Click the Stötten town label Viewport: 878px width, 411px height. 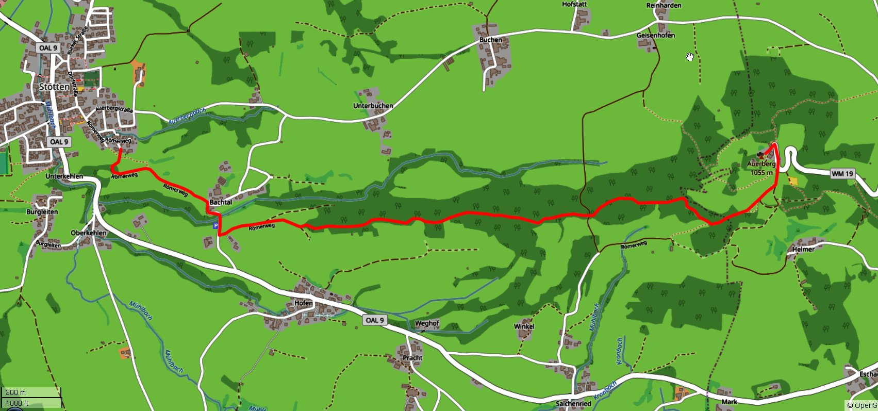click(x=54, y=87)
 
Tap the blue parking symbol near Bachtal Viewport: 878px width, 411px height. click(x=216, y=226)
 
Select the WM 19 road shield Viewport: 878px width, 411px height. click(x=842, y=174)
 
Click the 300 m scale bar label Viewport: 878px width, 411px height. click(x=15, y=392)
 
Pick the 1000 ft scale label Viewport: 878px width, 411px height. click(x=17, y=403)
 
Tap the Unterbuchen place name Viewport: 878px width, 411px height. click(x=373, y=106)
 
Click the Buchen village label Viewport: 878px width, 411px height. click(x=490, y=40)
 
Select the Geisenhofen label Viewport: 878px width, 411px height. click(x=655, y=35)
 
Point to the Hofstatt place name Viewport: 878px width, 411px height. click(x=574, y=4)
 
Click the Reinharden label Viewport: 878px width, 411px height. click(x=664, y=5)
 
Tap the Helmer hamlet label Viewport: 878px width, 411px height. click(x=803, y=249)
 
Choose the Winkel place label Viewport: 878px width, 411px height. click(x=524, y=326)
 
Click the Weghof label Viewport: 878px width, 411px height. click(x=427, y=323)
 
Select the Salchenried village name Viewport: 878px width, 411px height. click(x=573, y=404)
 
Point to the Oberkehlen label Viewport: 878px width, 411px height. click(x=89, y=233)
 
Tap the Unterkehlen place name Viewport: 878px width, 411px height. click(x=64, y=176)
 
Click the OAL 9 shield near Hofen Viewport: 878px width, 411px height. click(x=375, y=320)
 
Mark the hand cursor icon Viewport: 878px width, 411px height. click(x=690, y=57)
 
